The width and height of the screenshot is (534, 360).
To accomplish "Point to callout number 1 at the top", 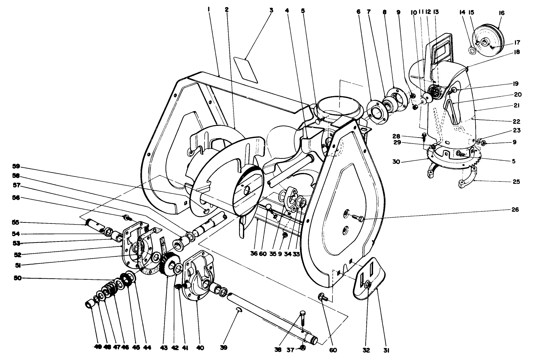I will (209, 10).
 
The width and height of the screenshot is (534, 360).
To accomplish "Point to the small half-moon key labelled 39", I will (239, 310).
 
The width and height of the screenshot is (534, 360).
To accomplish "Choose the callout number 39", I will (223, 348).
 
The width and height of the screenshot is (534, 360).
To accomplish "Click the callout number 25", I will (516, 182).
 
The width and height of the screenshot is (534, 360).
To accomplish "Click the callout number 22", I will (516, 121).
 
